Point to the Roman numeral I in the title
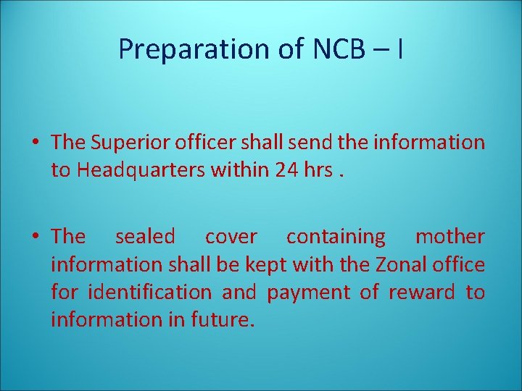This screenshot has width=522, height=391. (x=400, y=49)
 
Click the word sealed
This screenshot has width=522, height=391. (x=145, y=237)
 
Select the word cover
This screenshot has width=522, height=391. (x=231, y=237)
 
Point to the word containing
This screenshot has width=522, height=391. (x=336, y=237)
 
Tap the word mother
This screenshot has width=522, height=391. (x=449, y=237)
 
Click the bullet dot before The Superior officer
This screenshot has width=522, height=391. (x=35, y=143)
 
